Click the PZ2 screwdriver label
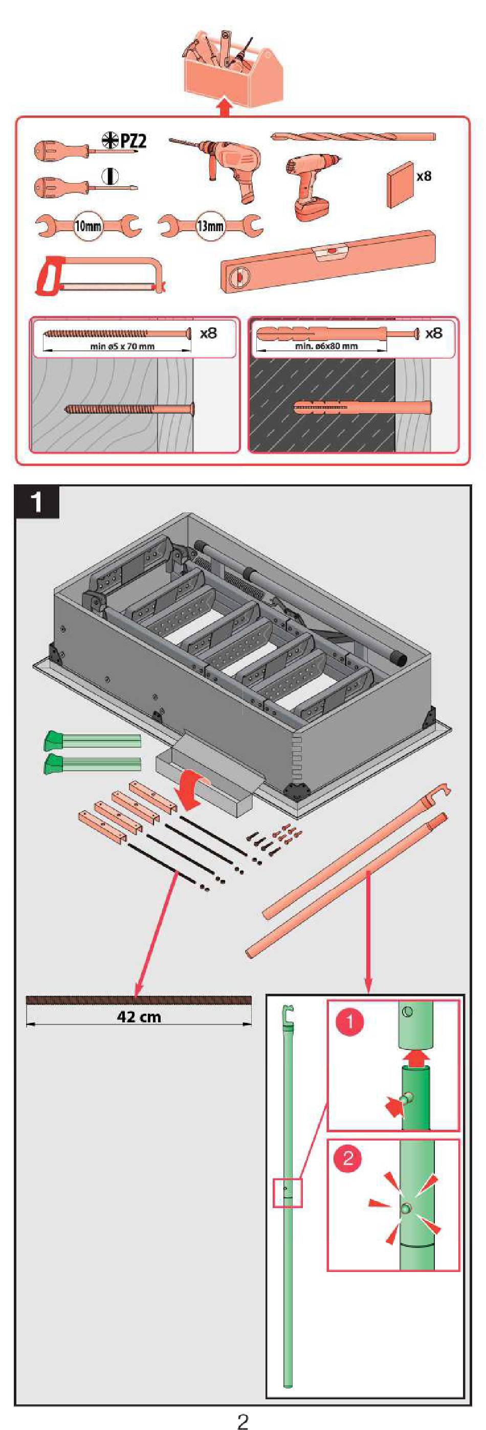(125, 141)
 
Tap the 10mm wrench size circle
(88, 226)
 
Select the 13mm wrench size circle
(210, 226)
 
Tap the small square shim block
(401, 184)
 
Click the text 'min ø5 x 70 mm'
(122, 346)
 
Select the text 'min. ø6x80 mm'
(326, 346)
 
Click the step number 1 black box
(37, 503)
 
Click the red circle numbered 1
(350, 1021)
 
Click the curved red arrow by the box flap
(192, 792)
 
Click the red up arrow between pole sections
(415, 1058)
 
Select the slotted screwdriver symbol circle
(111, 176)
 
